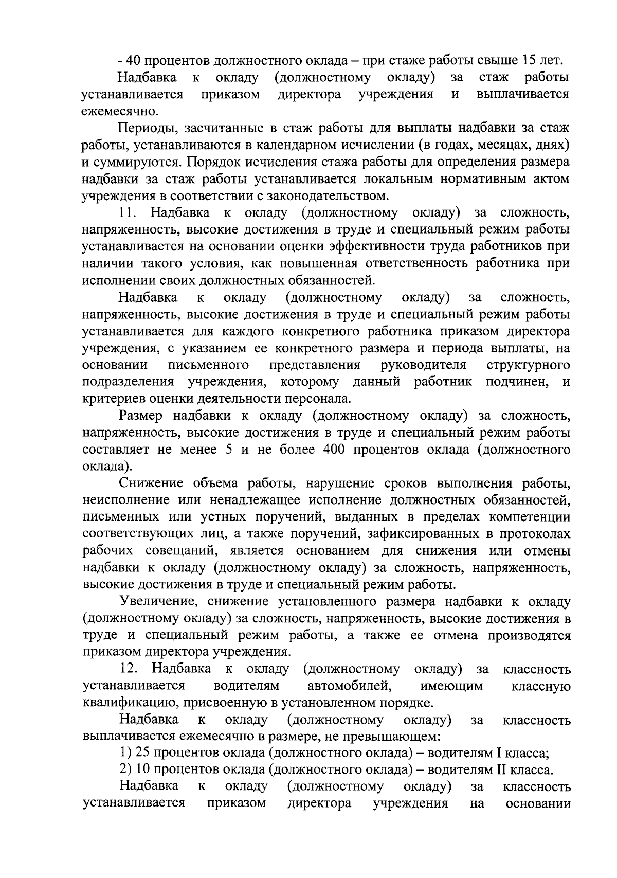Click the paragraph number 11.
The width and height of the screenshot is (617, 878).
pos(126,213)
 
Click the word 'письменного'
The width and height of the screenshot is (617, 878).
pos(209,365)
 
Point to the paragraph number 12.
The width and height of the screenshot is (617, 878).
pos(127,669)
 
